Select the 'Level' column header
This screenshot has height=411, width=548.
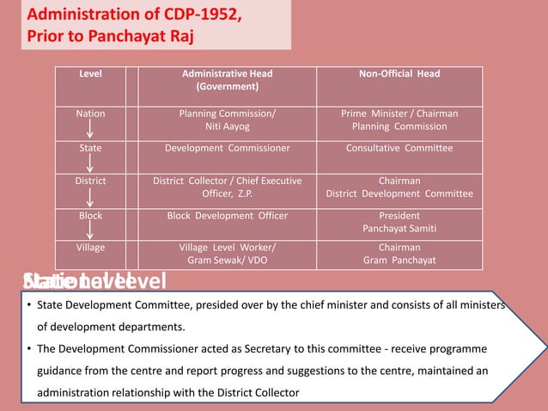click(90, 74)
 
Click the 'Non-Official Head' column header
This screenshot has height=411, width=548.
click(399, 74)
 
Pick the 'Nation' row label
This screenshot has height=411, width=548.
click(90, 113)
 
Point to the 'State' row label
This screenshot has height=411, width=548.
click(90, 148)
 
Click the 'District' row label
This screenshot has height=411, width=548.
click(90, 181)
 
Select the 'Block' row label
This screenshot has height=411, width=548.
click(90, 216)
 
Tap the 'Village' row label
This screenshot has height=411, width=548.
click(90, 248)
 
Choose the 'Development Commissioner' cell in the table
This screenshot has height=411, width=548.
click(227, 148)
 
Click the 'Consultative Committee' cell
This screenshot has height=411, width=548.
click(399, 148)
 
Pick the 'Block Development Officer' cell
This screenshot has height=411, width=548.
click(227, 216)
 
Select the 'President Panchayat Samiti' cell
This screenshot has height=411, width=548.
click(399, 223)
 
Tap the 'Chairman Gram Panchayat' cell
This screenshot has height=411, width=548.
click(399, 254)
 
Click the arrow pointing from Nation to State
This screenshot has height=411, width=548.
click(90, 131)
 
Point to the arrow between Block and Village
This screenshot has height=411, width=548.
click(90, 231)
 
